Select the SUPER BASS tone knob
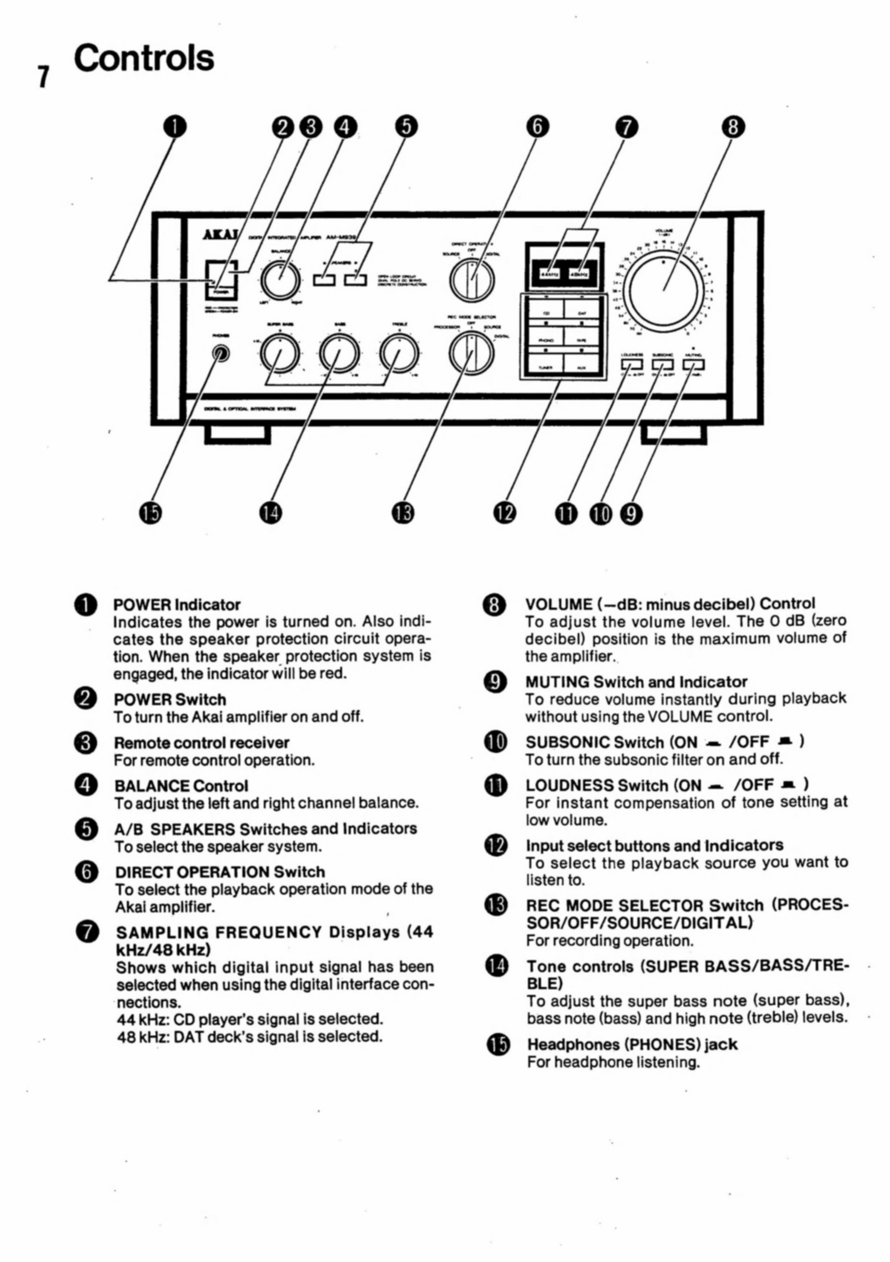(x=279, y=354)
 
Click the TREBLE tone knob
(x=400, y=354)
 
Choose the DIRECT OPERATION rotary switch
(x=472, y=279)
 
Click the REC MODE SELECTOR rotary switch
(x=471, y=354)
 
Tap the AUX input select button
(x=582, y=367)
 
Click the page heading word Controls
(x=144, y=58)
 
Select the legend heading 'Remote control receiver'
(x=201, y=743)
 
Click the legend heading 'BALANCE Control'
(x=181, y=785)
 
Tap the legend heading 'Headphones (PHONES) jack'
(x=632, y=1044)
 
